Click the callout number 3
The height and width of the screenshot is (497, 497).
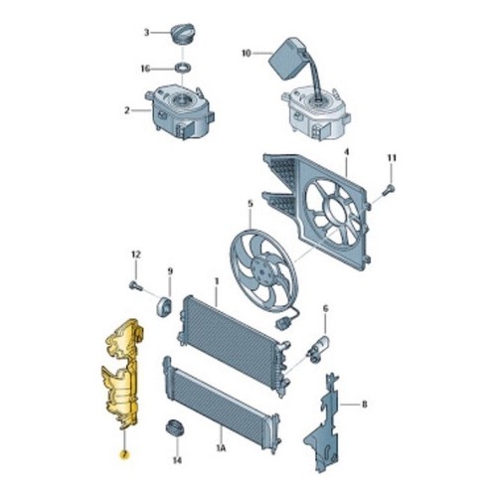(x=146, y=33)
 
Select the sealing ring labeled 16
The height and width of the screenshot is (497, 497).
(x=183, y=69)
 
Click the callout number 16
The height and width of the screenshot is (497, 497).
(x=145, y=69)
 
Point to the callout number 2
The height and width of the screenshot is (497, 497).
(x=127, y=110)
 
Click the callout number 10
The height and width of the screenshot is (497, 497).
(x=247, y=53)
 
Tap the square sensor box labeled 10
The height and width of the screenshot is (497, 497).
(x=288, y=59)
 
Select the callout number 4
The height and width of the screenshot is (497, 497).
(x=347, y=153)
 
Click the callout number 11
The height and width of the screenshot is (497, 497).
(x=392, y=158)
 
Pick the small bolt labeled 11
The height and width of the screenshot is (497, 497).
(x=389, y=190)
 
